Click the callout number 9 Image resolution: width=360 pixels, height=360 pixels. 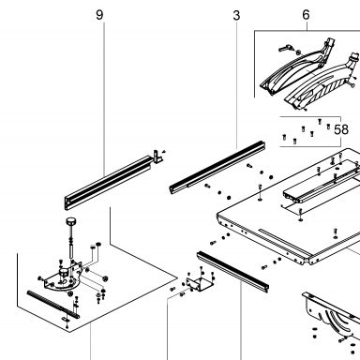pos(99,15)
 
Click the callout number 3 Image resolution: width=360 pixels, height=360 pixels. pos(236,15)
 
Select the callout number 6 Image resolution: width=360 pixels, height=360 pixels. pos(306,15)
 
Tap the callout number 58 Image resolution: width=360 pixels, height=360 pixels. pos(341,129)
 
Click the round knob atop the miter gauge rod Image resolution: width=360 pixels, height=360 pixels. pos(71,221)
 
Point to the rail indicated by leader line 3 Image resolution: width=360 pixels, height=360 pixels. pos(217,168)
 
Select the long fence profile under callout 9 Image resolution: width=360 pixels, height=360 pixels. pos(109,182)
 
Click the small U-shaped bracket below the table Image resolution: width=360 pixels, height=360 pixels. pos(200,283)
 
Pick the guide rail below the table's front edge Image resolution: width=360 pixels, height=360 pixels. pos(233,271)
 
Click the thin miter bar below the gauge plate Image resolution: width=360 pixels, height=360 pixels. pos(53,305)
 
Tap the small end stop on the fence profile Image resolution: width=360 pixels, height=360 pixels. pos(158,157)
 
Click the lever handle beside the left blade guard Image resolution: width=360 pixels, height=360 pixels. pos(286,48)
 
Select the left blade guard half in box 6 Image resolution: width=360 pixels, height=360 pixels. pos(297,69)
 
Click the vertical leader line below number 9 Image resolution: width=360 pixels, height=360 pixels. pos(104,97)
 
